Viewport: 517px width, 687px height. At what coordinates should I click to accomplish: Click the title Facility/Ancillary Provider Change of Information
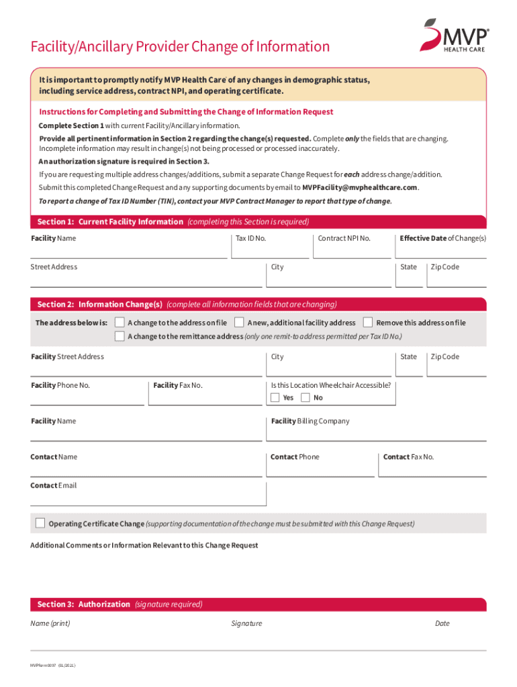[x=180, y=47]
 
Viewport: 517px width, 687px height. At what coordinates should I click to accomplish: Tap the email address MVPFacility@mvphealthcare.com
[x=359, y=187]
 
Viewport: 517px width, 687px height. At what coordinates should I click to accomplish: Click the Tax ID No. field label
[x=250, y=238]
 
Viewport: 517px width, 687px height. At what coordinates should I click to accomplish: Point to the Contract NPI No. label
[x=344, y=238]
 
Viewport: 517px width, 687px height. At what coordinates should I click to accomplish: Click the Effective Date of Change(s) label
[x=442, y=238]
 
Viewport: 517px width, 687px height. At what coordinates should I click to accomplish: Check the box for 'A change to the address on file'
[x=120, y=323]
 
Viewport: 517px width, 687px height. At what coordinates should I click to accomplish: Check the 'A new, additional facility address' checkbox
[x=239, y=323]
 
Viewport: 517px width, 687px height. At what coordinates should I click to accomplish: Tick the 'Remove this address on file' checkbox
[x=368, y=323]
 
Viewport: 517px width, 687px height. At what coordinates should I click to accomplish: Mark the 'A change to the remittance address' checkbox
[x=120, y=336]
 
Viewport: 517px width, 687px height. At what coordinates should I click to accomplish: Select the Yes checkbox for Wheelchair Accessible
[x=275, y=398]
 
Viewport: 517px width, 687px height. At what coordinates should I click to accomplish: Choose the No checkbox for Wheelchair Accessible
[x=305, y=398]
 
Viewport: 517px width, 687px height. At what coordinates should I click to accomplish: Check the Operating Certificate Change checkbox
[x=40, y=523]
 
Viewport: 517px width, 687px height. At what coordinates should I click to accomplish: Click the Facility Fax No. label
[x=177, y=385]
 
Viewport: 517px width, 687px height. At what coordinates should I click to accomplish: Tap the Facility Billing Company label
[x=310, y=421]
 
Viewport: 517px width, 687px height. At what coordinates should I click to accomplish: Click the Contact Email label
[x=54, y=485]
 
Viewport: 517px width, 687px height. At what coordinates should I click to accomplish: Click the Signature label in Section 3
[x=246, y=624]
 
